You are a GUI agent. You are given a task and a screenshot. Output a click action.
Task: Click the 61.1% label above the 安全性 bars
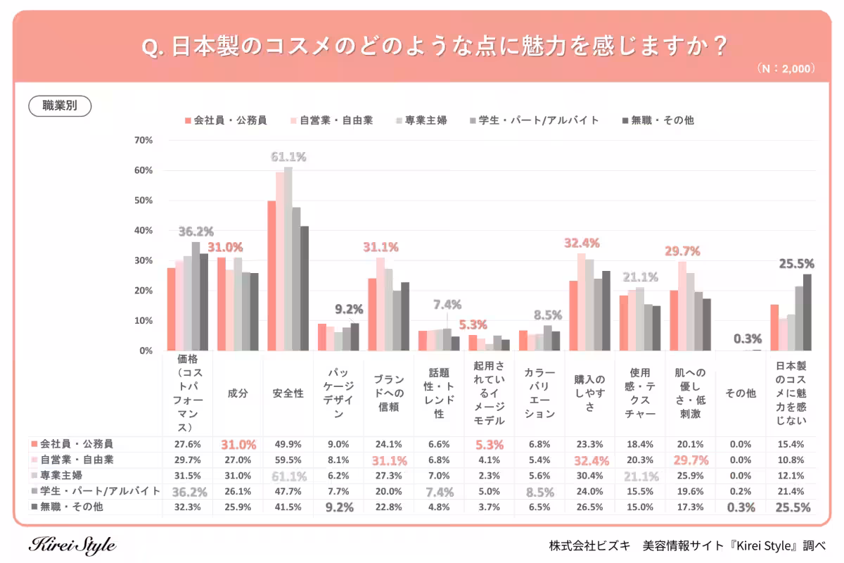[x=288, y=157]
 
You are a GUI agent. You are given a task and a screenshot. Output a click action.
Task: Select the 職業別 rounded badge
[x=60, y=106]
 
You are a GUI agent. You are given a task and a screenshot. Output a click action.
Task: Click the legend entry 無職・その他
[x=662, y=120]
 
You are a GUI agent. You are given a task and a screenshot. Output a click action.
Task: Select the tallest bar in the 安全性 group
[x=288, y=258]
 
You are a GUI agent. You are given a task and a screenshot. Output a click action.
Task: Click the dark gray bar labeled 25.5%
[x=807, y=312]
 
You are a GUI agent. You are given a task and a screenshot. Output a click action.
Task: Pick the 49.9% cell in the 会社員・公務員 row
[x=288, y=444]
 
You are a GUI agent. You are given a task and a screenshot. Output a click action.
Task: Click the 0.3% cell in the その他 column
[x=741, y=507]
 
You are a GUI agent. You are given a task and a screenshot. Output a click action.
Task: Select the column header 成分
[x=238, y=394]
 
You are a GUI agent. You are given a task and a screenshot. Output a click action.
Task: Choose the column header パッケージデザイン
[x=338, y=394]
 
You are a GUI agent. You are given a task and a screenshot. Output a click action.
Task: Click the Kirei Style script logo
[x=72, y=545]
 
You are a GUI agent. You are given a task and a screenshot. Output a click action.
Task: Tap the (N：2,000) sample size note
[x=786, y=69]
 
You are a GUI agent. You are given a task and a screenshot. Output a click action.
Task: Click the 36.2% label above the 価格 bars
[x=196, y=232]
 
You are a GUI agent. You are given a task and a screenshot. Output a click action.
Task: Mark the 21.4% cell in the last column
[x=791, y=491]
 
